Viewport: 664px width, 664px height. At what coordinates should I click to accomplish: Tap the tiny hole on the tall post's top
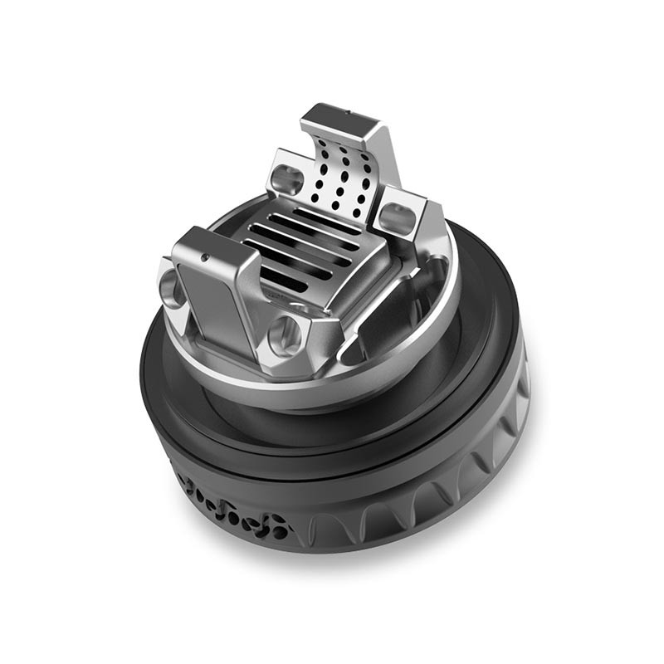[345, 110]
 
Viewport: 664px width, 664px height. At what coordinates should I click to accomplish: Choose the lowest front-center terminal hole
[285, 331]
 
